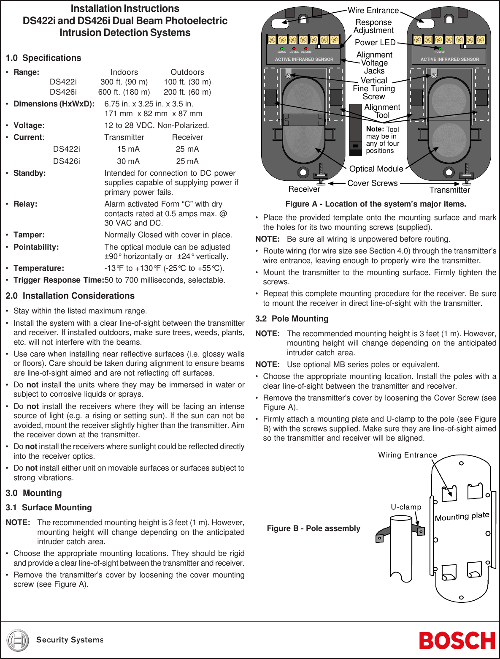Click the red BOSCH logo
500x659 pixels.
pyautogui.click(x=457, y=640)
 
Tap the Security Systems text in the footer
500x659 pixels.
pyautogui.click(x=70, y=640)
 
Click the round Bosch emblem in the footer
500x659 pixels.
pyautogui.click(x=18, y=640)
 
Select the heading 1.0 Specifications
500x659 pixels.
pyautogui.click(x=43, y=58)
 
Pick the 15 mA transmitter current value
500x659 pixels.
pyautogui.click(x=128, y=149)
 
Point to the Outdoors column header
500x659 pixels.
pyautogui.click(x=187, y=72)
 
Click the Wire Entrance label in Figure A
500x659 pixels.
pyautogui.click(x=373, y=11)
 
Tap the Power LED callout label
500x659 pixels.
pyautogui.click(x=375, y=43)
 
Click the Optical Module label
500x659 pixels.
pyautogui.click(x=376, y=169)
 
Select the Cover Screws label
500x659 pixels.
pyautogui.click(x=372, y=183)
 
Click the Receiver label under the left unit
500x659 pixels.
pyautogui.click(x=304, y=189)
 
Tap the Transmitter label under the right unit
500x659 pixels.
pyautogui.click(x=449, y=190)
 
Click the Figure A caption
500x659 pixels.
pyautogui.click(x=376, y=204)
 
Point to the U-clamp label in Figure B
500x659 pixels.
pyautogui.click(x=405, y=507)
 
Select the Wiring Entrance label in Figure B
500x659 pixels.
pyautogui.click(x=407, y=455)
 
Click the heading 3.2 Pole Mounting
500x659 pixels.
pyautogui.click(x=292, y=319)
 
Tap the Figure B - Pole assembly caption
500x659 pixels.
pyautogui.click(x=314, y=528)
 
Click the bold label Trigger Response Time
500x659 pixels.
pyautogui.click(x=59, y=280)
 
